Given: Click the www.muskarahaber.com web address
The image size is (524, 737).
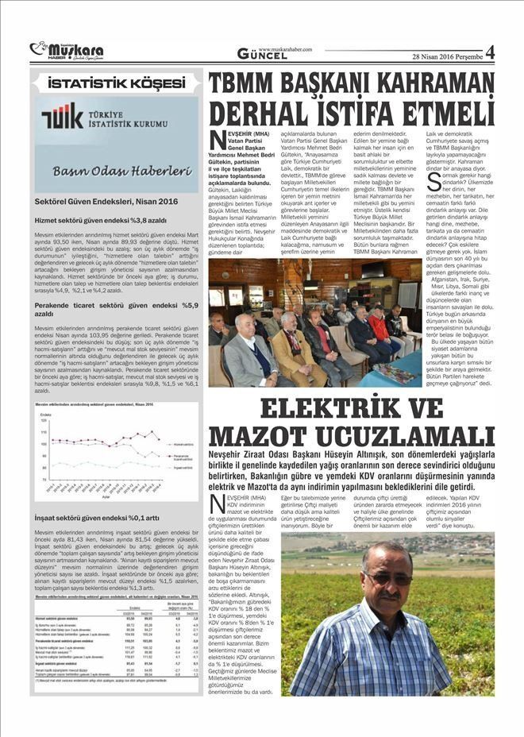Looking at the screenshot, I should (x=285, y=48).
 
